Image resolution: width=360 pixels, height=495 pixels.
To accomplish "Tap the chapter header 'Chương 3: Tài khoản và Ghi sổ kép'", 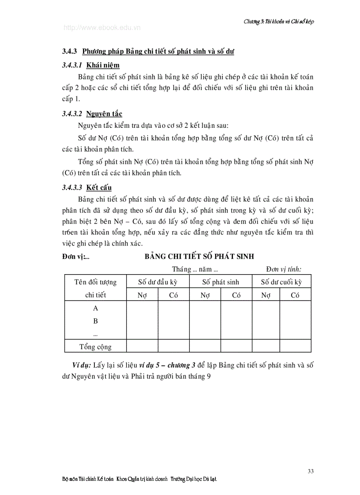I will click(278, 21).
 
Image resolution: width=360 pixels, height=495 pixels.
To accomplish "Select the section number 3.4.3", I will click(70, 52).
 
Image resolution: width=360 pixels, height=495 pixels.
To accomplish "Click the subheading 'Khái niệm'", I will click(103, 65).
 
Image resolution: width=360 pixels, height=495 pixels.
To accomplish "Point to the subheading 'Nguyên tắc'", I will click(104, 114).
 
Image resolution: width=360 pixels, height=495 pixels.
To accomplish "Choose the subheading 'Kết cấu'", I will click(99, 187).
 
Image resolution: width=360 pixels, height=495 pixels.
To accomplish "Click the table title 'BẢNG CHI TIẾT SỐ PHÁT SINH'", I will click(199, 257).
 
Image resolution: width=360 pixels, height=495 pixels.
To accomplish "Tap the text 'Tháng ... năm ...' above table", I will click(196, 269).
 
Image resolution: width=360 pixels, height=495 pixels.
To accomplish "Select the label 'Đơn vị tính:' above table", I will click(286, 269).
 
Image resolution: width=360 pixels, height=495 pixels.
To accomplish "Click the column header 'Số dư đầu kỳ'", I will click(157, 282).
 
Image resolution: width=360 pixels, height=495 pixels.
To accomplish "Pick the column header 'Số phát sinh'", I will click(221, 282).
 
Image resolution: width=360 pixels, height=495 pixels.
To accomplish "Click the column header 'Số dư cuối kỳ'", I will click(281, 282).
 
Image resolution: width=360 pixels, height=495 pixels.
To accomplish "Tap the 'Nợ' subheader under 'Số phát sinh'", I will click(205, 295).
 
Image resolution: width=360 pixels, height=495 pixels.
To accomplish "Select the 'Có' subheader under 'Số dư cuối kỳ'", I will click(295, 295).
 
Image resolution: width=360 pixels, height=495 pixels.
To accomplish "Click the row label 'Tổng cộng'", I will click(95, 346).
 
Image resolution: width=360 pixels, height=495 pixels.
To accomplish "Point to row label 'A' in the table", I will click(95, 309).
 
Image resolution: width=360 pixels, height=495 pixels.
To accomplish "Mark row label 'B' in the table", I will click(95, 321).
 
